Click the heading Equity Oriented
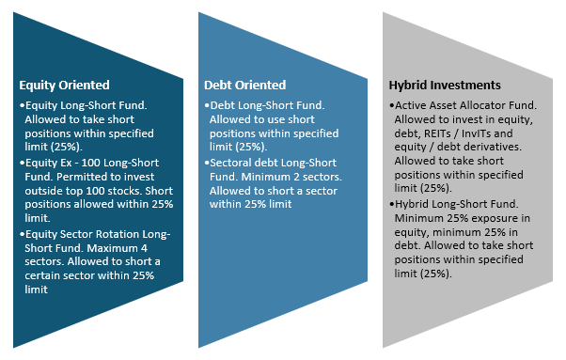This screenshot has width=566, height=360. click(x=64, y=84)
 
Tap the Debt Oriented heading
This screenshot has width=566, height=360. click(x=245, y=85)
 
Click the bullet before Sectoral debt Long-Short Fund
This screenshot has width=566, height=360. click(x=206, y=163)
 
